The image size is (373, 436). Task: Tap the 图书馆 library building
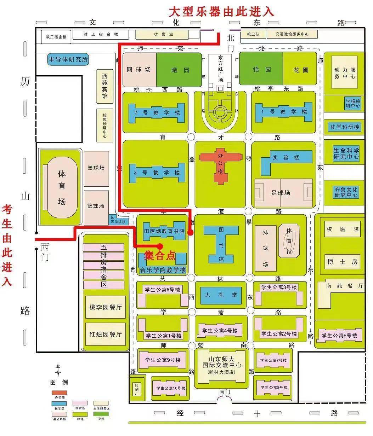pos(221,244)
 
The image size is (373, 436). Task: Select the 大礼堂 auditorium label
pos(221,295)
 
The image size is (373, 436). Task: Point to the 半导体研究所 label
pos(68,59)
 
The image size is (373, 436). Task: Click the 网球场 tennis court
pos(139,69)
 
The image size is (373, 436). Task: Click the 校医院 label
pos(342,229)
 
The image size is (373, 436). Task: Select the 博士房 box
pos(342,262)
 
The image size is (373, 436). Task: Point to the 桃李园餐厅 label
pos(106,307)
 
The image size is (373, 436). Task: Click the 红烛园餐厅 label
pos(106,334)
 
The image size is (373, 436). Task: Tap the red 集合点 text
pos(160,256)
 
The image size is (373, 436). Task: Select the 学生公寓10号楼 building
pos(171,388)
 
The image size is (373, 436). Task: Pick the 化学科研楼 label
pos(345,127)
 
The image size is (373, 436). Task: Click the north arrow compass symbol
pos(58,372)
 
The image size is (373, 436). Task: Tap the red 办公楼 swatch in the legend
pos(59,393)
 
